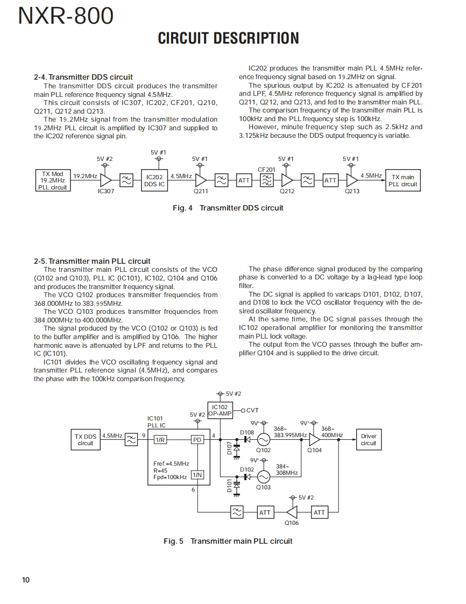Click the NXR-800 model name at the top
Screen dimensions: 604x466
click(x=66, y=16)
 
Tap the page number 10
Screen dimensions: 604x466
click(x=26, y=580)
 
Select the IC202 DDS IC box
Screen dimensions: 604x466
click(x=154, y=180)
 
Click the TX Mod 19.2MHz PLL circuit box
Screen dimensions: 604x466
click(x=53, y=181)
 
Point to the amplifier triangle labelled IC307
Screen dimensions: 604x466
click(x=105, y=180)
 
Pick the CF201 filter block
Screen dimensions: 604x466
click(x=266, y=180)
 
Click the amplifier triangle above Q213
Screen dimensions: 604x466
click(x=352, y=180)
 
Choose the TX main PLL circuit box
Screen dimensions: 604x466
click(x=404, y=180)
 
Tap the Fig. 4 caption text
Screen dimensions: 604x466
click(x=228, y=208)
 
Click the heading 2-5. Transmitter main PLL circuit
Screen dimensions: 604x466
click(x=92, y=261)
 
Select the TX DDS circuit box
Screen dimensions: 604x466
click(x=86, y=440)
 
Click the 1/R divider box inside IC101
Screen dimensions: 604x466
click(x=160, y=440)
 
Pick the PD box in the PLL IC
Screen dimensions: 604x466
click(x=197, y=440)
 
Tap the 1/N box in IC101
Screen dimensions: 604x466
click(x=197, y=475)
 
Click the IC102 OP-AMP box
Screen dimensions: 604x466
click(x=220, y=411)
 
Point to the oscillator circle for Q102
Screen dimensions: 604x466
click(x=263, y=439)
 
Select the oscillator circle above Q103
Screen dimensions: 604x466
click(x=263, y=476)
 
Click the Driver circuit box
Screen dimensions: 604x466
click(x=369, y=440)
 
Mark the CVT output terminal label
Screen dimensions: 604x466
click(x=252, y=411)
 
